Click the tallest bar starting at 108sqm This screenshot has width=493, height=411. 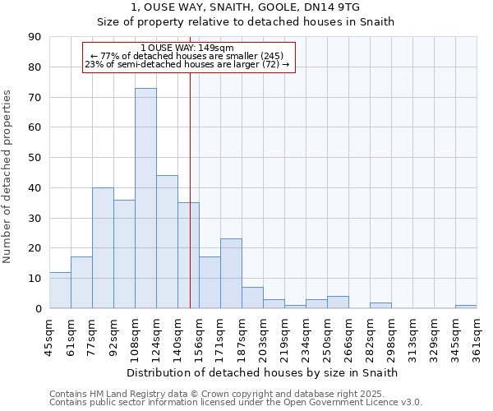click(x=145, y=198)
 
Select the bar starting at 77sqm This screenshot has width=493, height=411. click(x=103, y=247)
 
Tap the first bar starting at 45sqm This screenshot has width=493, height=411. click(x=60, y=290)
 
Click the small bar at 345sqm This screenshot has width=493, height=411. click(x=466, y=307)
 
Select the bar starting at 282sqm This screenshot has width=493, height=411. click(x=380, y=306)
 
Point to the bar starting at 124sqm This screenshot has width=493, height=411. click(x=167, y=242)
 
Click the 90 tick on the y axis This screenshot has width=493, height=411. click(x=35, y=37)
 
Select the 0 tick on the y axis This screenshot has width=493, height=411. click(x=38, y=309)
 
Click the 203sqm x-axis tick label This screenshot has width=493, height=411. click(x=264, y=336)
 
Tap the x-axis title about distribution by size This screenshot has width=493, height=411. click(x=263, y=372)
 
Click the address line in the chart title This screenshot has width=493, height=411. click(x=246, y=7)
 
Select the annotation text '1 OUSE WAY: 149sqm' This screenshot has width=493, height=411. click(x=187, y=48)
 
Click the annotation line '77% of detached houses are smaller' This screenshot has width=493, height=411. click(x=187, y=56)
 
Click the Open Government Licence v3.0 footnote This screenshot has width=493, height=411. click(x=235, y=403)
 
